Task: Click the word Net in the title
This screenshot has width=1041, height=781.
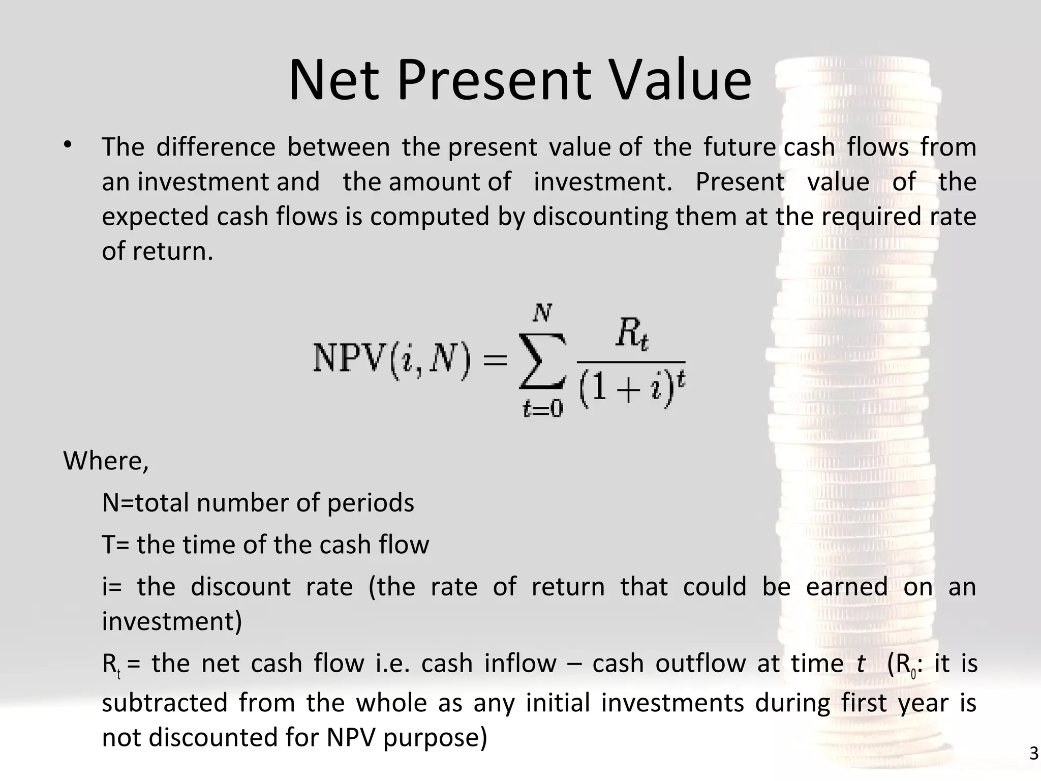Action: tap(333, 80)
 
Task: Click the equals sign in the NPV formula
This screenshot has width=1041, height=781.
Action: tap(495, 361)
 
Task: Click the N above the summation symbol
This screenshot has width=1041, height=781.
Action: tap(542, 313)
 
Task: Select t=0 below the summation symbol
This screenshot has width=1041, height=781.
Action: tap(542, 408)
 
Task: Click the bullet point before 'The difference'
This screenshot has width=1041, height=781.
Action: tap(68, 146)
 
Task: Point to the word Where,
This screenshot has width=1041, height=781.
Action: tap(106, 461)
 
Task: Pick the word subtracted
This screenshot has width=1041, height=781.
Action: tap(165, 703)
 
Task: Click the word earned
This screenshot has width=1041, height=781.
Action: tap(847, 587)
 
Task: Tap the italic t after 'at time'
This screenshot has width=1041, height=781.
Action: tap(860, 664)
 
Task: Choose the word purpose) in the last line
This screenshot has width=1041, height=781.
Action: tap(435, 738)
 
